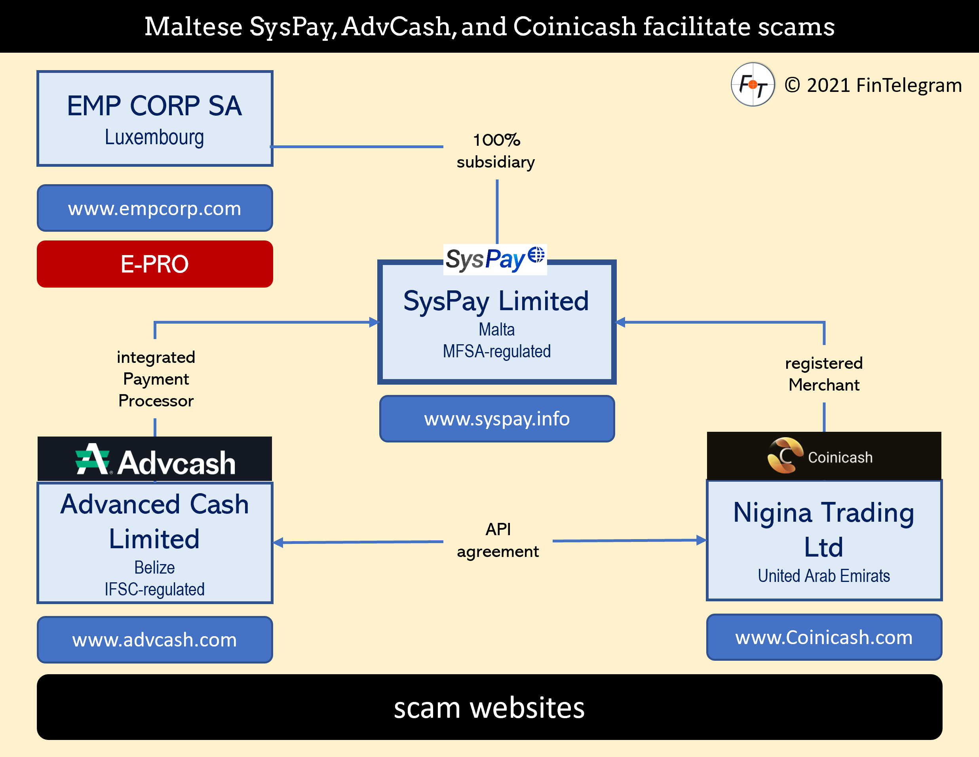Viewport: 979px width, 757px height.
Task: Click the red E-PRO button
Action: [x=155, y=264]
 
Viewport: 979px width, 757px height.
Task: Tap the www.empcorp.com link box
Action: [x=155, y=208]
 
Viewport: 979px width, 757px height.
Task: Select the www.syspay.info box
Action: [x=497, y=418]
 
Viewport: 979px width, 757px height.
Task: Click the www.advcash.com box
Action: [x=155, y=639]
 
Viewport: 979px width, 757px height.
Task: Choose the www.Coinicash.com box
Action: [x=824, y=637]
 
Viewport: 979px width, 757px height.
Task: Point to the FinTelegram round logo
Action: [x=753, y=84]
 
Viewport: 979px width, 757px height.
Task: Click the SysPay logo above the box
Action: [x=495, y=259]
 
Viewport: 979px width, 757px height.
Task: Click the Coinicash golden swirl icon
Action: [x=785, y=456]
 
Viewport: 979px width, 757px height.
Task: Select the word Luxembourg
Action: [x=154, y=137]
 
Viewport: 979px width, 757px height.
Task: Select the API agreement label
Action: [x=498, y=540]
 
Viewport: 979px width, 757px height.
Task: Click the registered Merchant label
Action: [x=824, y=374]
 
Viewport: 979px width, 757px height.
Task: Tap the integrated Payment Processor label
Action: [x=156, y=379]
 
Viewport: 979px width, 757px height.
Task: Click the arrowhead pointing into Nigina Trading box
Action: [x=701, y=540]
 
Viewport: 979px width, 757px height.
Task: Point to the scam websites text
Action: [x=489, y=707]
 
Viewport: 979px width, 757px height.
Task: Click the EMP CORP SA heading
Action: [x=154, y=106]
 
